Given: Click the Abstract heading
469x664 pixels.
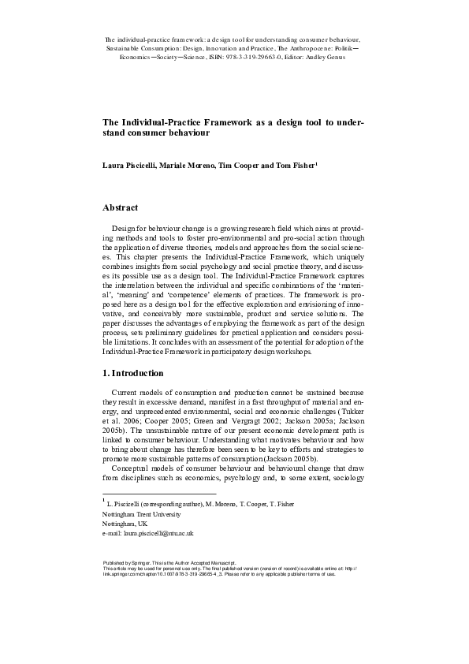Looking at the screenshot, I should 121,207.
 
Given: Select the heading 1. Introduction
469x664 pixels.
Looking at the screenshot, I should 133,372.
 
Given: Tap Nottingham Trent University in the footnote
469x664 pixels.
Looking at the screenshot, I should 142,513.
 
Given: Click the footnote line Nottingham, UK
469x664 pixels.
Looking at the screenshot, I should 125,524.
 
